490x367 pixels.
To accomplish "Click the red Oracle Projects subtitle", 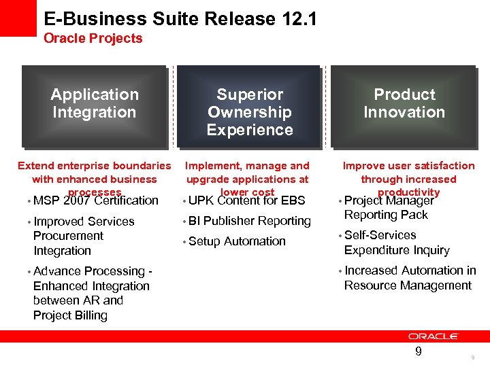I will [x=93, y=39].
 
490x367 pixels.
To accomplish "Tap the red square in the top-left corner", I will [x=18, y=18].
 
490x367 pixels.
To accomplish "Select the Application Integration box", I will [x=94, y=105].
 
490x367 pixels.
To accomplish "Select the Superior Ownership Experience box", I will [x=250, y=106].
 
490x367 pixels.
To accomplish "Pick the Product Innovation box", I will [x=404, y=105].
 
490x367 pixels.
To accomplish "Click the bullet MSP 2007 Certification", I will [x=95, y=200].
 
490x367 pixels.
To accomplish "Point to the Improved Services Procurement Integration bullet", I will [x=83, y=236].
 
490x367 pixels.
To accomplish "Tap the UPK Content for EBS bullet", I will [x=246, y=200].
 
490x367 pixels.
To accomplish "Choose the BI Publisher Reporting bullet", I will [x=249, y=221].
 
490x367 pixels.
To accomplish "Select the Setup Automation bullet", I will [x=236, y=241].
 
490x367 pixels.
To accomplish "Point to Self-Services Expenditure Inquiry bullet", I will [x=396, y=243].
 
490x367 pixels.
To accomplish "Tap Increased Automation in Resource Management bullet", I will [x=409, y=278].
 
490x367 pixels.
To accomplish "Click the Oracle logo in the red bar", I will [x=434, y=336].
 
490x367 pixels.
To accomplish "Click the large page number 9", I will [x=419, y=351].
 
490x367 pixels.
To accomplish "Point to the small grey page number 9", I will [x=472, y=357].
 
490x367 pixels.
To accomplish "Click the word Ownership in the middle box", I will [x=250, y=112].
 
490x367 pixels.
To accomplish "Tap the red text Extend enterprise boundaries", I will [x=94, y=166].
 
